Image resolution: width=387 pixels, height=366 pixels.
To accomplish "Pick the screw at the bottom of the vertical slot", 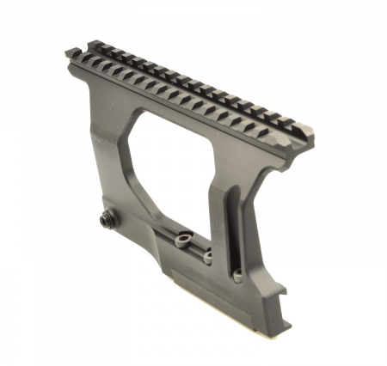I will [x=236, y=277].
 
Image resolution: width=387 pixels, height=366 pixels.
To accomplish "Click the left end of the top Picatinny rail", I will [x=73, y=55].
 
